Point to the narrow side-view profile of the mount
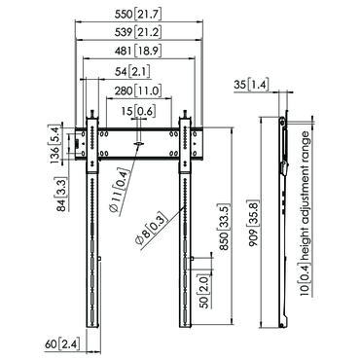(283, 224)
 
